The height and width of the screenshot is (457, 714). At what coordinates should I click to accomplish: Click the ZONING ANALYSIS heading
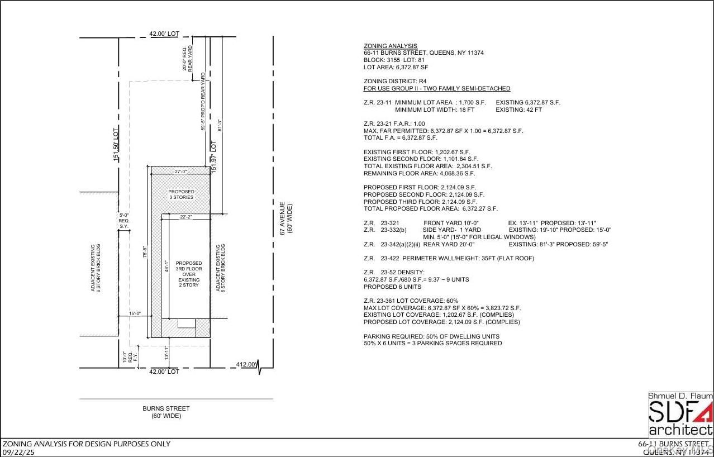click(390, 46)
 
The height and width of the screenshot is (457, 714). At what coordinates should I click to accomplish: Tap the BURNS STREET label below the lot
click(166, 408)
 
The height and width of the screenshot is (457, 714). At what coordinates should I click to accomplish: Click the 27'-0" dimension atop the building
click(180, 172)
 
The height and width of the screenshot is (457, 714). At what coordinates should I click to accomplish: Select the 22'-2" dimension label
click(187, 217)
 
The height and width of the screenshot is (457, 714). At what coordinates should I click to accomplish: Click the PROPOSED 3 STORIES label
click(181, 194)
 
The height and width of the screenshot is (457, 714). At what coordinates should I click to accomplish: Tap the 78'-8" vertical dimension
click(145, 252)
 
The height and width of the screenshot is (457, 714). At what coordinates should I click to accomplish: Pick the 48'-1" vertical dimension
click(166, 266)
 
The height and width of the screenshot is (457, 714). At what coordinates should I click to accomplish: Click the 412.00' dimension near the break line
click(246, 365)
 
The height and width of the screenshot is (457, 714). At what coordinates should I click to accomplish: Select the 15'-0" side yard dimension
click(134, 314)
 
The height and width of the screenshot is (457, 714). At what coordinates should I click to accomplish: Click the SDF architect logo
click(680, 415)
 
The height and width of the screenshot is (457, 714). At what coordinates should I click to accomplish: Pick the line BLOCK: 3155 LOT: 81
click(396, 60)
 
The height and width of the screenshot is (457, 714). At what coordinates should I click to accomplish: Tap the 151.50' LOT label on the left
click(116, 145)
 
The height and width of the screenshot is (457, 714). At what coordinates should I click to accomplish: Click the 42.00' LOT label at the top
click(164, 34)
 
